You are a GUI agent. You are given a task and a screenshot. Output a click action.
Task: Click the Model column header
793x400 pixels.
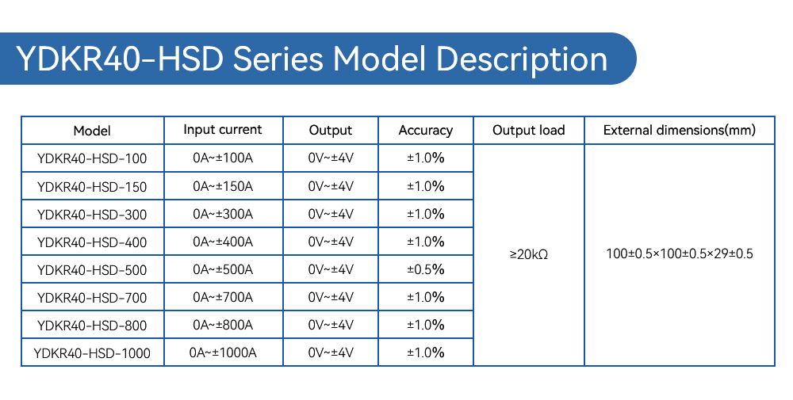[x=92, y=131]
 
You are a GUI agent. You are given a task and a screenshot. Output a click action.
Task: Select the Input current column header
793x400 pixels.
[x=223, y=130]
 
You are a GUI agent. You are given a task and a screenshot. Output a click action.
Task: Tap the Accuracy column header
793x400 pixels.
[x=425, y=131]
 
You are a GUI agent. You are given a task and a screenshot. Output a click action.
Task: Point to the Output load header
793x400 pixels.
[x=528, y=131]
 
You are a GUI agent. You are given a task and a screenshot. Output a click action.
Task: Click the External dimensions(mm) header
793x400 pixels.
[x=680, y=131]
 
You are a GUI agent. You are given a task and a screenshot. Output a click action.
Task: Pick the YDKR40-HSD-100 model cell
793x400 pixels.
[x=92, y=158]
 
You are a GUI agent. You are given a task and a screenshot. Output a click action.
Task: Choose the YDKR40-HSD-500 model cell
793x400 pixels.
[x=92, y=269]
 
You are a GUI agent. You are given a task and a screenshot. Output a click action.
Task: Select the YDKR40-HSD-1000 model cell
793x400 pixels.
[x=92, y=353]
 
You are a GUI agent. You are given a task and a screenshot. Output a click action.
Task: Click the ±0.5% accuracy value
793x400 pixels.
[x=426, y=269]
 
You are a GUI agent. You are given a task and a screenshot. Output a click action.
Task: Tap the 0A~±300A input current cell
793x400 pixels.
[x=223, y=214]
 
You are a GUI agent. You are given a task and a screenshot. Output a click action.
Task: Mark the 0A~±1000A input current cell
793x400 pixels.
[x=223, y=352]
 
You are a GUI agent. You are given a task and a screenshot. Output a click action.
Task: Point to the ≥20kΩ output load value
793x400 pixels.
[x=528, y=254]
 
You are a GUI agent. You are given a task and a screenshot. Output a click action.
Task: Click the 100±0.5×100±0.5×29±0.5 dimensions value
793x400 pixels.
[x=680, y=253]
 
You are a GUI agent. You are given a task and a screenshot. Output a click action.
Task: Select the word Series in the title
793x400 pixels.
[x=278, y=59]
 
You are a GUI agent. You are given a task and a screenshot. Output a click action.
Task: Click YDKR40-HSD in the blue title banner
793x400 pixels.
[x=120, y=59]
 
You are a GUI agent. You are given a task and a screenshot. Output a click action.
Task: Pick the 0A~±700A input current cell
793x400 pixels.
[x=223, y=297]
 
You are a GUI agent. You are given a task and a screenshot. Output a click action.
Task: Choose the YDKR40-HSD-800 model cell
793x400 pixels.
[x=92, y=326]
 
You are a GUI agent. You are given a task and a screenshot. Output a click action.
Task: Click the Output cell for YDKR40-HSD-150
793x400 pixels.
[x=331, y=186]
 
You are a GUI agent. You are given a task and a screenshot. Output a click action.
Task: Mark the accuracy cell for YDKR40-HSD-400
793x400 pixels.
[x=426, y=242]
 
